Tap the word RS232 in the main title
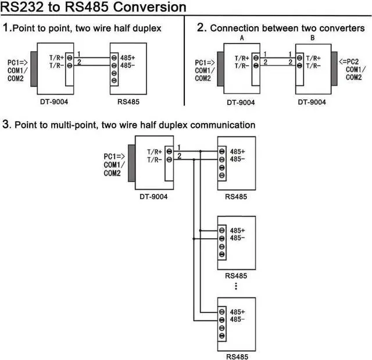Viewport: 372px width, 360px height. tap(23, 8)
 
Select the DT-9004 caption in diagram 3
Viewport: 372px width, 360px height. tap(153, 196)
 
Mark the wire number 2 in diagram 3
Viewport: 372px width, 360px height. tap(179, 155)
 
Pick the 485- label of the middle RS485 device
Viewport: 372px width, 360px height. tap(237, 237)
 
